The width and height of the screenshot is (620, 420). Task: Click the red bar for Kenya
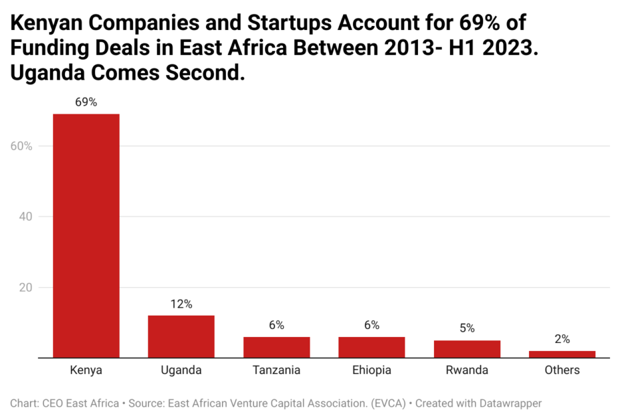(x=86, y=235)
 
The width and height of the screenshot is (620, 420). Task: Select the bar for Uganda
(x=181, y=336)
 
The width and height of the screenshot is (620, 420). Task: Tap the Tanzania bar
(x=276, y=347)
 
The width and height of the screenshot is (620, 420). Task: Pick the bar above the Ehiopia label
(x=371, y=347)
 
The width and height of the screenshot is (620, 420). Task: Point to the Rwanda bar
(x=467, y=349)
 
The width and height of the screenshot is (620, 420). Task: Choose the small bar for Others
(x=562, y=354)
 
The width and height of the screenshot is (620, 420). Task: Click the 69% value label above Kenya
(x=86, y=102)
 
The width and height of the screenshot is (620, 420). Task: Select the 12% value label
(x=181, y=304)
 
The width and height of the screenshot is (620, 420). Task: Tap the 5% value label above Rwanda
(x=467, y=328)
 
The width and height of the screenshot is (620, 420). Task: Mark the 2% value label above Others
(x=562, y=339)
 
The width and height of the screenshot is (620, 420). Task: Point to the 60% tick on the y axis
(x=21, y=146)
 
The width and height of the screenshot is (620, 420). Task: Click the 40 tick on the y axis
(x=25, y=217)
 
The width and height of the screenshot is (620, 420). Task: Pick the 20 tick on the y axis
(x=25, y=288)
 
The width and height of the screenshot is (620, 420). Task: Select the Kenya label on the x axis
(x=86, y=370)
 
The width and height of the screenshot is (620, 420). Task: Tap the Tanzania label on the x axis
(x=276, y=370)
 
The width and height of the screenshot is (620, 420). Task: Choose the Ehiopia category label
(x=371, y=370)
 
